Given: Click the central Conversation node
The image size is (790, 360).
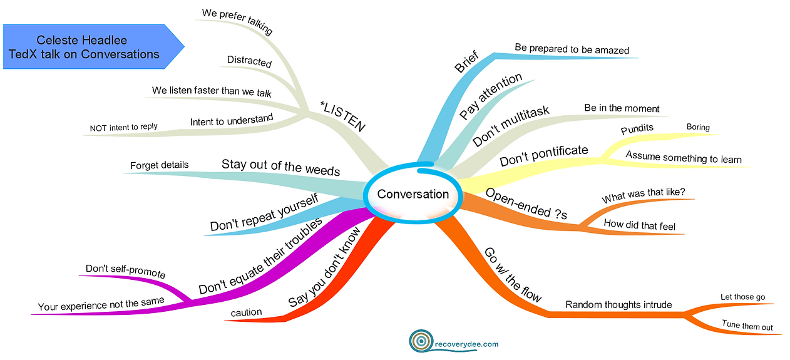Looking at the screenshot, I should tap(413, 194).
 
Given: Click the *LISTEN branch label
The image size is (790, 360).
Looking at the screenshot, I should tap(342, 116).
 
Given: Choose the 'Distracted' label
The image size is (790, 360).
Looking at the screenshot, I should tap(249, 63).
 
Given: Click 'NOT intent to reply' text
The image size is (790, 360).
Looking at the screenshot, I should tap(123, 126).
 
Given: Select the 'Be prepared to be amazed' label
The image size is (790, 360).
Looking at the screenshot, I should tap(572, 49).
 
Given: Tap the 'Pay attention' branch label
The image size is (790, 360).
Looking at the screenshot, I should tap(491, 97).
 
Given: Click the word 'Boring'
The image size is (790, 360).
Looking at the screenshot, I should tap(698, 127).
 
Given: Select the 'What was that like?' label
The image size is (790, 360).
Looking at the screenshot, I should tap(648, 195).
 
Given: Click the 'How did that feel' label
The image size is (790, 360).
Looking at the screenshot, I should tap(639, 225).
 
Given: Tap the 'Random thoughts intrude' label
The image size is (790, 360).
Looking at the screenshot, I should tap(618, 305).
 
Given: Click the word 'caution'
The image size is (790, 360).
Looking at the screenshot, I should tap(246, 312).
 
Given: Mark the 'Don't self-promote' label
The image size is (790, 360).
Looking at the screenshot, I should tap(125, 271).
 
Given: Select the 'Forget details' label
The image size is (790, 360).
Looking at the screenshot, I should tap(159, 165).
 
